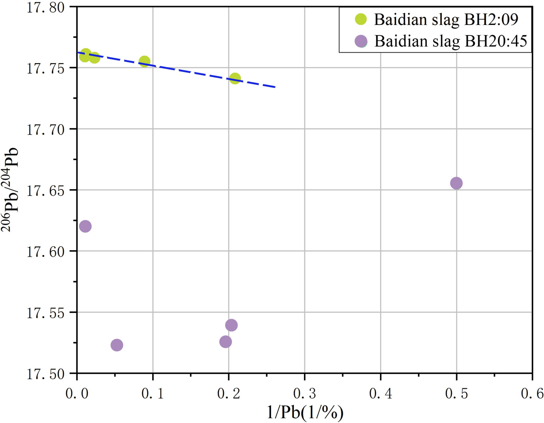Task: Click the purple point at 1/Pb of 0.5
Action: (456, 183)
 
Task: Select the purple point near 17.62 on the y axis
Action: (86, 226)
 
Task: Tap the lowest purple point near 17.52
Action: (117, 345)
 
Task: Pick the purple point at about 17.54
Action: (231, 325)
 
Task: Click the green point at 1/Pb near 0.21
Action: (235, 79)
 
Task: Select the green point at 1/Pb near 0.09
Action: (144, 61)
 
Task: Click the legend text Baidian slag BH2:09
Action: (446, 19)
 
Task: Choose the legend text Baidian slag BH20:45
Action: (451, 41)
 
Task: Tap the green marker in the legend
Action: (361, 19)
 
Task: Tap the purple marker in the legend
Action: (361, 41)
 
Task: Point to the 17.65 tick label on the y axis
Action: (46, 191)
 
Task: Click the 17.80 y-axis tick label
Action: (46, 8)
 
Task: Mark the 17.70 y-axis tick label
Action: (46, 130)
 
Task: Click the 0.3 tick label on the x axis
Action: (304, 394)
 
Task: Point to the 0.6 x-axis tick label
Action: (532, 394)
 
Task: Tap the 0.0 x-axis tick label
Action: (77, 394)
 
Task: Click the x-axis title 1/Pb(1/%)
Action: (305, 412)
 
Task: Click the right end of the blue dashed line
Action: (275, 87)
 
